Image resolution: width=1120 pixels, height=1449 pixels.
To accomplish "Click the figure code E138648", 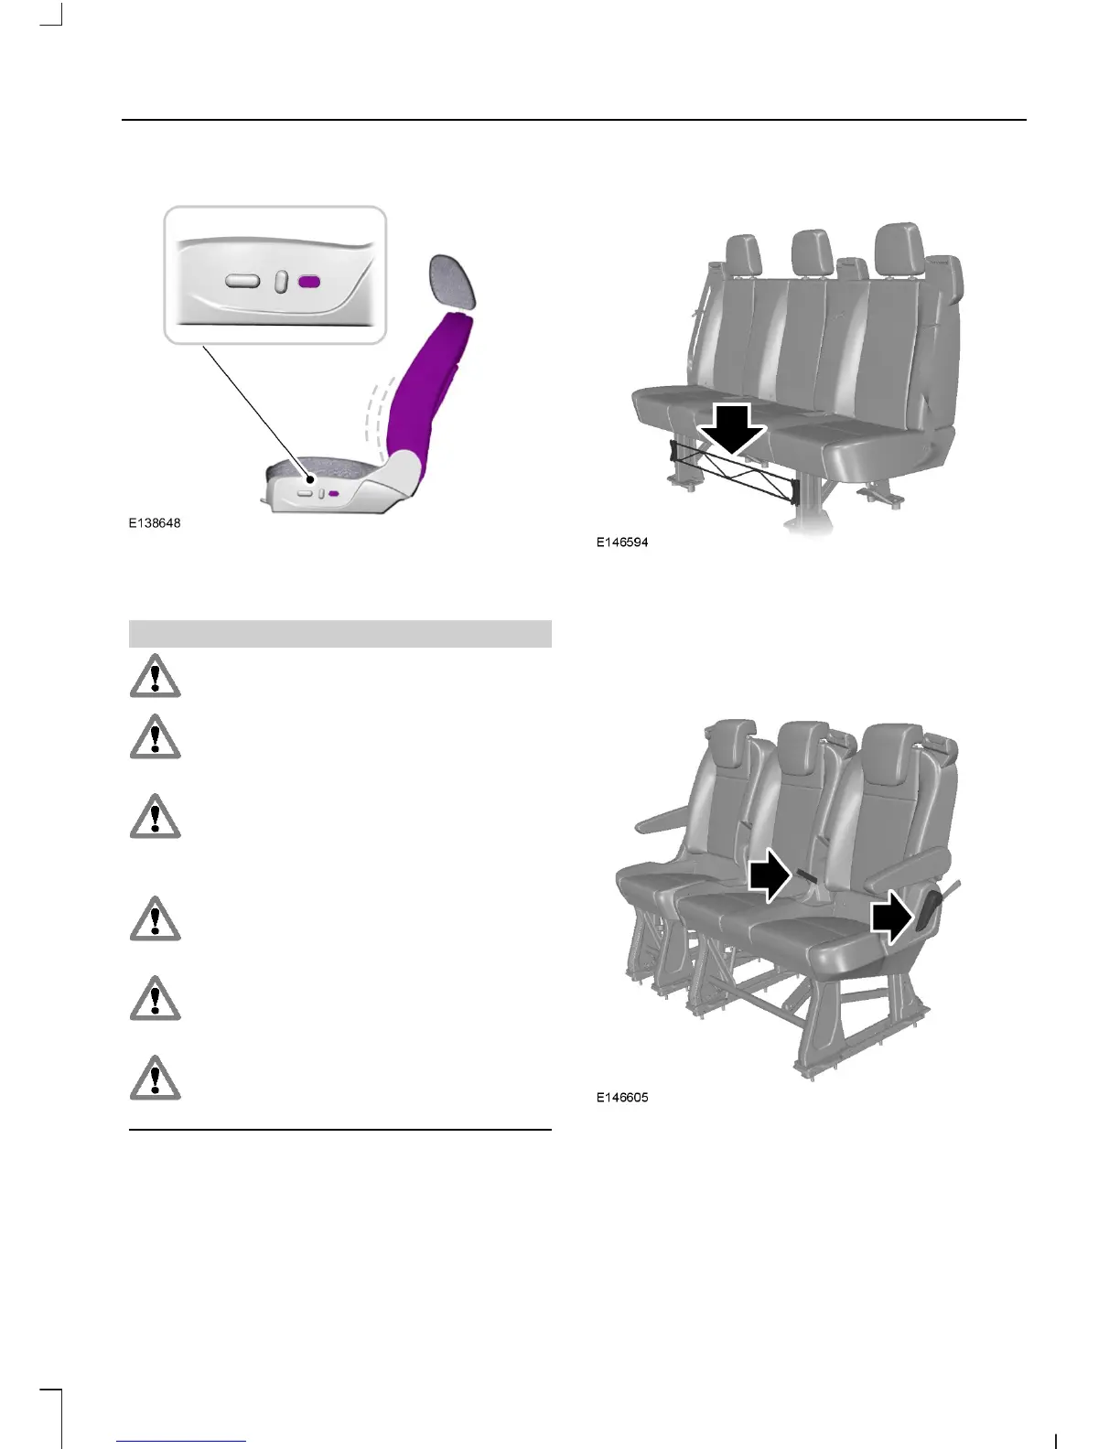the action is [x=155, y=523].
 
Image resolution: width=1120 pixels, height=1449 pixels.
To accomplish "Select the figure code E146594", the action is [x=622, y=542].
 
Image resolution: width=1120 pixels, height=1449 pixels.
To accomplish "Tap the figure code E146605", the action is [x=622, y=1098].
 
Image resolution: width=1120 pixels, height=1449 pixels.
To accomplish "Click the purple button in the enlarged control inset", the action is [x=309, y=281].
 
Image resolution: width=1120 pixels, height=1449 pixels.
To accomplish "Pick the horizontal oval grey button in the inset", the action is [x=243, y=281].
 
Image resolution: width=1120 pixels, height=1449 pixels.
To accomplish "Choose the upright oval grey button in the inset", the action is [x=282, y=282].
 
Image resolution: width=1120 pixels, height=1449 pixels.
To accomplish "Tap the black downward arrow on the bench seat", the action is [x=731, y=428].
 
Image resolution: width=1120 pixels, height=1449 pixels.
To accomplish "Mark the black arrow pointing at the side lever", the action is [x=892, y=918].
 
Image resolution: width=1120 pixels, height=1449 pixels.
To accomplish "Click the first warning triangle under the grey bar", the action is [x=156, y=677].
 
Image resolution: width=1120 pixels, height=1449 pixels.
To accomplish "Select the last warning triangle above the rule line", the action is [x=156, y=1078].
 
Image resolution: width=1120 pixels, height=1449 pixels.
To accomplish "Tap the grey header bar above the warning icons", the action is [x=339, y=633].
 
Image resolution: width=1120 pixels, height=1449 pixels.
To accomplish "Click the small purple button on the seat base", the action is [x=334, y=493].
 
